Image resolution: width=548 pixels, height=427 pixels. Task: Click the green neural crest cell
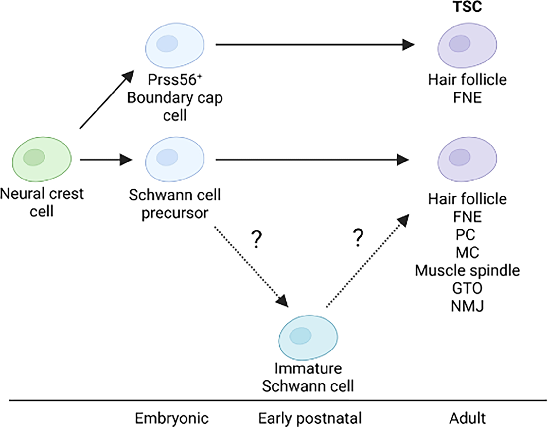42,159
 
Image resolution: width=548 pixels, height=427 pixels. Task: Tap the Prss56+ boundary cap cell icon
175,45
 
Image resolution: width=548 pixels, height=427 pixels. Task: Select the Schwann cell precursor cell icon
175,159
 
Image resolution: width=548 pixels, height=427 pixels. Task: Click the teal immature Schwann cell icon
308,337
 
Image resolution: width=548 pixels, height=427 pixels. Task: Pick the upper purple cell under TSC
467,45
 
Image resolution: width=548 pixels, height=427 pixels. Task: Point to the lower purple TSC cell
467,159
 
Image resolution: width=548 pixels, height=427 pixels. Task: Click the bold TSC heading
468,7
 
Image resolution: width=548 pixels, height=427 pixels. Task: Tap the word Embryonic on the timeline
172,418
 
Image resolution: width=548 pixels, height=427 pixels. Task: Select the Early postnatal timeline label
310,418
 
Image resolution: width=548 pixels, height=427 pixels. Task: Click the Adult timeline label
467,418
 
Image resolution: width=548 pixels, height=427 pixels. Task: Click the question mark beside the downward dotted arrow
256,239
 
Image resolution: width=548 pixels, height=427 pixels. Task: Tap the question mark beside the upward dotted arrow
358,237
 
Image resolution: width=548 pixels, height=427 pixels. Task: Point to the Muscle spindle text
467,270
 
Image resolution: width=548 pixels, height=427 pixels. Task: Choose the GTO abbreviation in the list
467,288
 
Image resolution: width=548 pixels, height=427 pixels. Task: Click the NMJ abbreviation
467,306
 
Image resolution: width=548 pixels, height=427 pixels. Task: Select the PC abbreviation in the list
465,234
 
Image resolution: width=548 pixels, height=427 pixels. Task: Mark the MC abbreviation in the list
467,252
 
